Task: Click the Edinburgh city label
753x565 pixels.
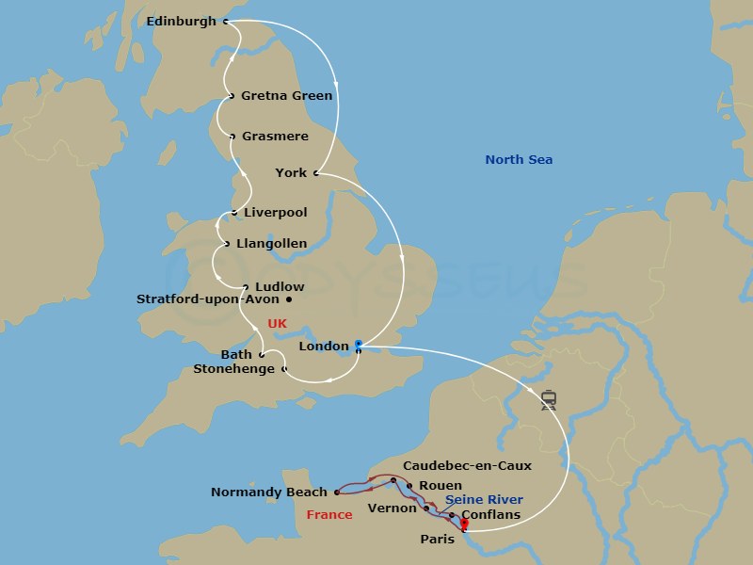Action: (182, 21)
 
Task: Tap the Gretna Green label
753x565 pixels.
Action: (286, 95)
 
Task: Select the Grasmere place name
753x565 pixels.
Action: (274, 137)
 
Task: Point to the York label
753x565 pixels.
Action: (291, 172)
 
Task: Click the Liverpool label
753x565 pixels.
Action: (275, 213)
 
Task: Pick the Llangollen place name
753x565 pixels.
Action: (271, 244)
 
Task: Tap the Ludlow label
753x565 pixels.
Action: (280, 286)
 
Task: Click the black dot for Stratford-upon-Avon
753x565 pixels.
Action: (289, 300)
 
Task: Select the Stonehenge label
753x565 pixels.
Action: (233, 369)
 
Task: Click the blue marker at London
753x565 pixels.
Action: (358, 345)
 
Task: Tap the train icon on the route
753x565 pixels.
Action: (549, 400)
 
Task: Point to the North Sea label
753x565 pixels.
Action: (519, 160)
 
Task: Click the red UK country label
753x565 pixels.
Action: (277, 324)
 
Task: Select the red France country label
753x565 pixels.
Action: (329, 515)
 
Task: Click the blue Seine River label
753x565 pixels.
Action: (484, 500)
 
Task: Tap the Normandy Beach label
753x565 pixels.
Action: (269, 492)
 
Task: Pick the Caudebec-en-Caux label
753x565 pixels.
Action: (467, 465)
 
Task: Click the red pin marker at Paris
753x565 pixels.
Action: (464, 524)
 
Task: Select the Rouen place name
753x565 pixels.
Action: (441, 486)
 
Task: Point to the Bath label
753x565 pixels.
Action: (236, 354)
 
